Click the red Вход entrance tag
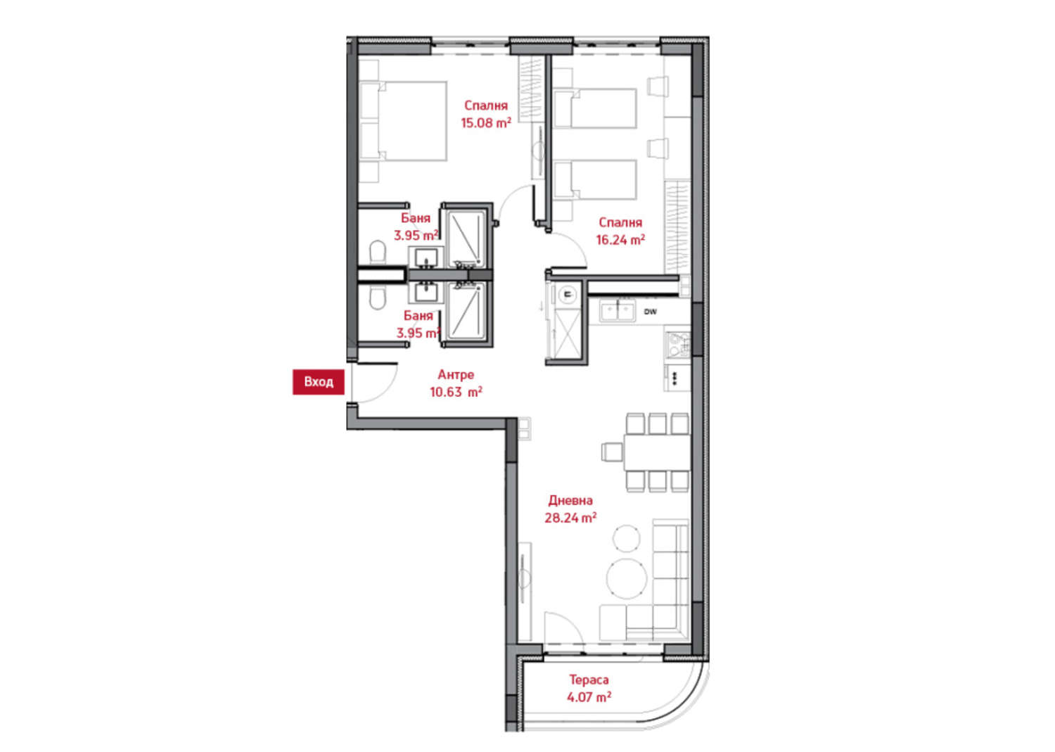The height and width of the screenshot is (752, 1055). pos(319,382)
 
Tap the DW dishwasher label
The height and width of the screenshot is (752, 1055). pos(650,312)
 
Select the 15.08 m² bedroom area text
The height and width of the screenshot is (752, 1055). pos(486,123)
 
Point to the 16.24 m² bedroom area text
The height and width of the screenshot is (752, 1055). pos(621,240)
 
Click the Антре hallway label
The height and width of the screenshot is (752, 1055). pos(456,374)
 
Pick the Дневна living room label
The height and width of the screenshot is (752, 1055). pos(570,500)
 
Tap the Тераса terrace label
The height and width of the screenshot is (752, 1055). pos(589,680)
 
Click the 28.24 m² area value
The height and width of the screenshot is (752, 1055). pos(571,518)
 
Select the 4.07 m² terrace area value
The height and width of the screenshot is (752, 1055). pos(589,697)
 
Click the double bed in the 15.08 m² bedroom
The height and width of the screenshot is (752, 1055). pos(403,121)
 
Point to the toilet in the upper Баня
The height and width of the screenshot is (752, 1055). pos(377,252)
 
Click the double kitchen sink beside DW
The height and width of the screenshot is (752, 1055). pos(618,312)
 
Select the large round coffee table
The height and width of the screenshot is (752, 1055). pos(627,579)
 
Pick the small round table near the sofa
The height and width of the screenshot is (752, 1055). pos(627,538)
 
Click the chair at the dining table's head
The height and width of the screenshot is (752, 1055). pos(613,452)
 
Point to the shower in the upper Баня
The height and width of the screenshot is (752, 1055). pos(466,239)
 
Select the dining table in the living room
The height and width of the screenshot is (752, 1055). pos(656,452)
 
